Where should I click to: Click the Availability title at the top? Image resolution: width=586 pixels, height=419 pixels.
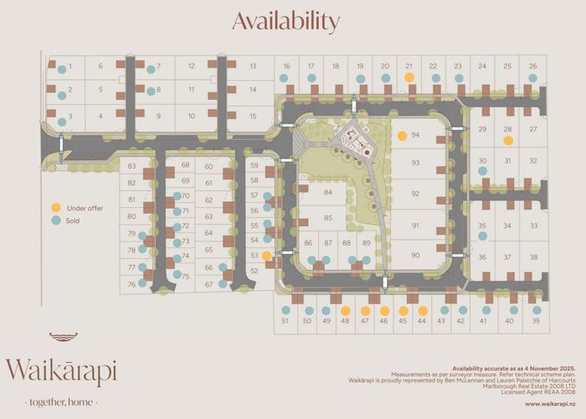click(285, 21)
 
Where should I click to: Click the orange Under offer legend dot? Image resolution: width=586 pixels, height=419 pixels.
click(55, 208)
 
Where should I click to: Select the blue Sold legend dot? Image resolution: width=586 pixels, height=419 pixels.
click(55, 221)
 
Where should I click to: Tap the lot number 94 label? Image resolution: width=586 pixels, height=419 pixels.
click(415, 135)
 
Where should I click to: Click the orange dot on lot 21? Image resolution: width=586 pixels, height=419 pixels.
click(409, 76)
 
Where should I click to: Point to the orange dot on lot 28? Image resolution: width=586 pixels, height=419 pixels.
click(507, 140)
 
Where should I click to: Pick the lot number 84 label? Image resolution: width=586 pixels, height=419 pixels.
click(328, 193)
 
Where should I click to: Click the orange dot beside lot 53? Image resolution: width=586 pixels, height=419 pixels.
click(266, 256)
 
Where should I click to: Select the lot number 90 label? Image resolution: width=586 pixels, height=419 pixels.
click(415, 256)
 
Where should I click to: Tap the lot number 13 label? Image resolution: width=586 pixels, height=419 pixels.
click(253, 65)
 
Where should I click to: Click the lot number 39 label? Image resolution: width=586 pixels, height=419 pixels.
click(536, 321)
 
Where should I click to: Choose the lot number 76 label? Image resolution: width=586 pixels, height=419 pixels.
click(131, 285)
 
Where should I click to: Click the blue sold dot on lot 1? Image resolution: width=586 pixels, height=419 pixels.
click(61, 68)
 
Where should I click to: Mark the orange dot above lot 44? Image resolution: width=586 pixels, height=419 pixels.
click(423, 310)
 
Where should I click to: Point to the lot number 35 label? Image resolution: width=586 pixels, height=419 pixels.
click(482, 225)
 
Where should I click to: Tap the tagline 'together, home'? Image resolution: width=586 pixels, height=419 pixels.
click(61, 401)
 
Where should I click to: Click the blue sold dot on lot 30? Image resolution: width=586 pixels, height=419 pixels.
click(482, 171)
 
